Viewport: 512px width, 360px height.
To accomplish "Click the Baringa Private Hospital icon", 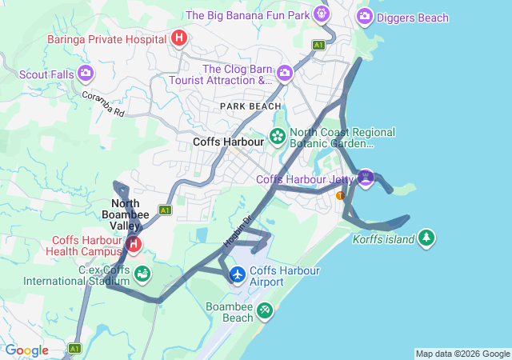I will click(x=179, y=38).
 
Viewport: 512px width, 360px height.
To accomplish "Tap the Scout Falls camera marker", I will click(x=86, y=74).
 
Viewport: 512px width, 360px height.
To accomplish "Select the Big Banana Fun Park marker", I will click(x=321, y=14).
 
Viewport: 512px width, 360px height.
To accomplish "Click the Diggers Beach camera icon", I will click(x=365, y=15).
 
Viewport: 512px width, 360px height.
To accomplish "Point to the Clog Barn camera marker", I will click(x=284, y=74).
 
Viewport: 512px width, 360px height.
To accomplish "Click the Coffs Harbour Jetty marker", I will click(x=366, y=177).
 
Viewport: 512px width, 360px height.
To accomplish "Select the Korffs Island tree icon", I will click(x=427, y=238).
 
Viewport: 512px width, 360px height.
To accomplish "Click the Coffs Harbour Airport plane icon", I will click(x=238, y=274).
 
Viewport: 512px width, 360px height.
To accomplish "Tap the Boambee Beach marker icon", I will click(x=265, y=310).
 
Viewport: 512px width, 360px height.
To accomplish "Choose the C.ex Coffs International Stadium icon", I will click(x=142, y=274).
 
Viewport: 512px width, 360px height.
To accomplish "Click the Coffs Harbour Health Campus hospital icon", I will click(x=134, y=244).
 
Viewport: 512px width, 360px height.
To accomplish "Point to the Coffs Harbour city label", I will click(x=229, y=142).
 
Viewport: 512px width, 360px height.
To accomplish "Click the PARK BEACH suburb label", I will click(x=251, y=106).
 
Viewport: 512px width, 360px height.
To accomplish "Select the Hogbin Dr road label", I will click(x=237, y=229).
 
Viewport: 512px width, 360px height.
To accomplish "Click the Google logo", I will click(x=26, y=350).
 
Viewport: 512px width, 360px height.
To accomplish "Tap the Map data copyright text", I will click(x=462, y=354).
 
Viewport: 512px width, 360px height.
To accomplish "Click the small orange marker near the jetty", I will click(x=341, y=195).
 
